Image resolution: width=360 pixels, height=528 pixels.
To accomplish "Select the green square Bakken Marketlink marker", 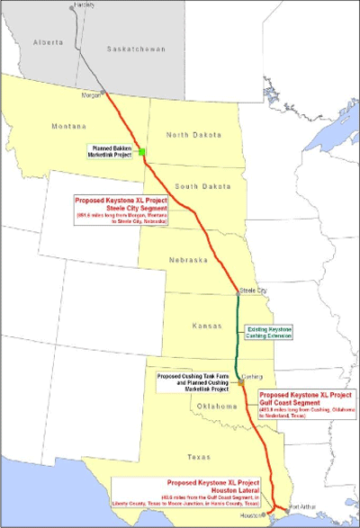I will [141, 152].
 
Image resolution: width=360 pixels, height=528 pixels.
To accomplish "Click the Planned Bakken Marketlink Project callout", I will [110, 151].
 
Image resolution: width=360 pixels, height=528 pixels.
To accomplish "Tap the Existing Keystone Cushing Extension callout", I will [272, 336].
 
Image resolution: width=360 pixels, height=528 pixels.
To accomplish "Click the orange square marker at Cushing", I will [241, 383].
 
